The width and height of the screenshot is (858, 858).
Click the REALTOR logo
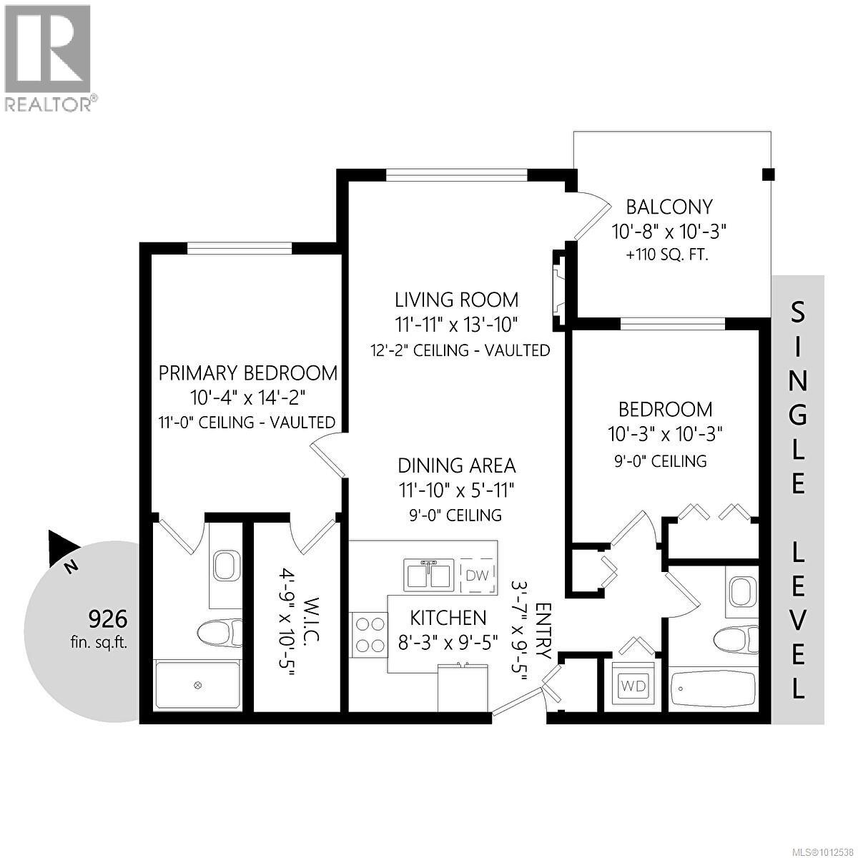(x=47, y=57)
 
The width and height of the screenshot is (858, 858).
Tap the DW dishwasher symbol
(x=477, y=575)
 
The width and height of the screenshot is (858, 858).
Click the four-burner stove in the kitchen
(x=368, y=634)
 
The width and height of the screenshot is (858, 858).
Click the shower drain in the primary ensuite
(x=198, y=685)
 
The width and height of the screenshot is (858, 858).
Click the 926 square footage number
(x=107, y=617)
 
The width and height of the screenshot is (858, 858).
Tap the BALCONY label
(x=669, y=207)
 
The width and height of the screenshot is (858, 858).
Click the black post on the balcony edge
(x=768, y=174)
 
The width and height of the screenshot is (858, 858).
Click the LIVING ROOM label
(x=456, y=300)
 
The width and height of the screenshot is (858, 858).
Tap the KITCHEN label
(x=448, y=617)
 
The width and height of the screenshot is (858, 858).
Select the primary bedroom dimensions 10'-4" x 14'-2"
(x=247, y=398)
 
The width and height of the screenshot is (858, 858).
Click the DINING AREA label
(x=456, y=465)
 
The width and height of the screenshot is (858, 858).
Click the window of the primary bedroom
(x=240, y=248)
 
